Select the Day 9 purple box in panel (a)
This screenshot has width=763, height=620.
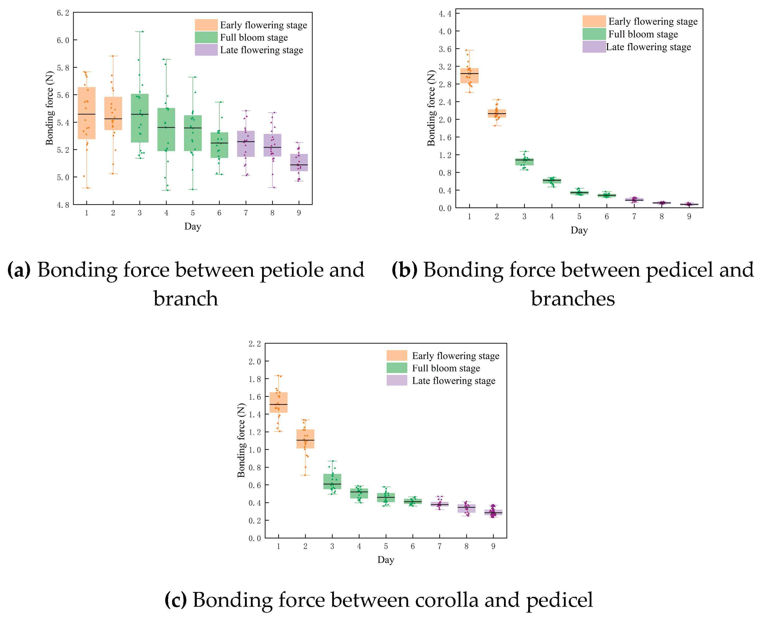299,162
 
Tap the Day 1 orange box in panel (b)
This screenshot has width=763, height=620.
469,76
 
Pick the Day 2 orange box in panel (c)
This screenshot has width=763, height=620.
305,439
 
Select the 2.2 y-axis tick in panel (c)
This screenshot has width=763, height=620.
255,344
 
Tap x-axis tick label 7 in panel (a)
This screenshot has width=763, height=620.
246,213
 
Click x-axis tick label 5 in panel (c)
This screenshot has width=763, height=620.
386,546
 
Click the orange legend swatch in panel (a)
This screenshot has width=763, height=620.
206,25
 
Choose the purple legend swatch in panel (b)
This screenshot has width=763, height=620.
594,47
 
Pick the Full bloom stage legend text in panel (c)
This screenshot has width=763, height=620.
446,368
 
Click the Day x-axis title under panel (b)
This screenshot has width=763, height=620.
579,230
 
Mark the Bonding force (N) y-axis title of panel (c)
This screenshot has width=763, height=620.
241,440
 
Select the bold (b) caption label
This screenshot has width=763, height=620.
404,270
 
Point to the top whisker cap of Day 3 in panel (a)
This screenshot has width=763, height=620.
140,31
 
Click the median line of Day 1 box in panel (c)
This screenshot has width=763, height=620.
278,404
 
